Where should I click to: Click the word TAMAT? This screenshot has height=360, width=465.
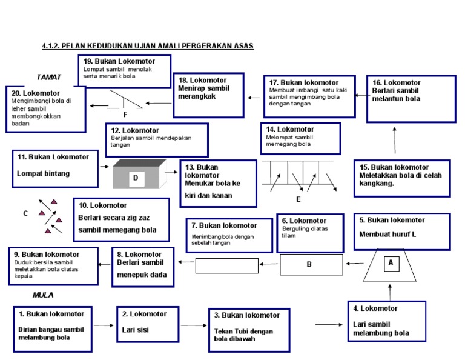49,77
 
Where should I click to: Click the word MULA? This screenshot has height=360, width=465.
43,295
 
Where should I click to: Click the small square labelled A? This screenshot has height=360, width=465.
391,263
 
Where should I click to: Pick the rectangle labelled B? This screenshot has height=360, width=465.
309,264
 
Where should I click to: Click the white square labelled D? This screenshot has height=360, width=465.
136,178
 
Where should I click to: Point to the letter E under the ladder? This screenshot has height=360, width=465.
298,199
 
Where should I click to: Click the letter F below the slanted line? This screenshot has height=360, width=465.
125,115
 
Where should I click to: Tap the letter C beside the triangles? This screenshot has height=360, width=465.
25,213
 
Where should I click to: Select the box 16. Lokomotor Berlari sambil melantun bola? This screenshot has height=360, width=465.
411,99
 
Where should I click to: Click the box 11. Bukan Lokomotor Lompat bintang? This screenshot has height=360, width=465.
55,169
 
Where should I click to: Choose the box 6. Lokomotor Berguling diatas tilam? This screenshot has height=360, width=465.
310,233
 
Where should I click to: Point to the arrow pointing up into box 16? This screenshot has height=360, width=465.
395,139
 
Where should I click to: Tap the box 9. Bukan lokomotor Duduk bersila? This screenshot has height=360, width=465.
53,266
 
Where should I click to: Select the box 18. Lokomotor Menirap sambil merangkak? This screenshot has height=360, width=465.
208,95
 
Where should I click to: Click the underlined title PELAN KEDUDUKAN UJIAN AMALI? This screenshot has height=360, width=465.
148,46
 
